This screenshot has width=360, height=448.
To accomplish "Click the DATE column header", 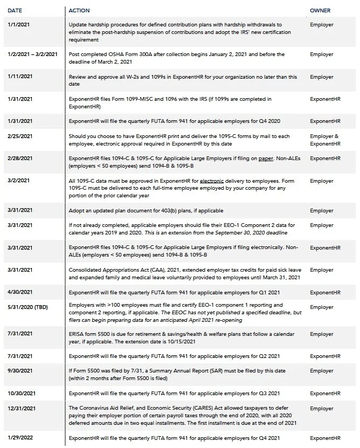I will click(x=15, y=11).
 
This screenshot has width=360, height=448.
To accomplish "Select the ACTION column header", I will click(x=79, y=11).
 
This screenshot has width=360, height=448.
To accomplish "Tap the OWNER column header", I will click(x=320, y=11).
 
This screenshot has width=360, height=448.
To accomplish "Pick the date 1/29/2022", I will click(x=20, y=438).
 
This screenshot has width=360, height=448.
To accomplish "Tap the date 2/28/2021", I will click(x=20, y=158).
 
